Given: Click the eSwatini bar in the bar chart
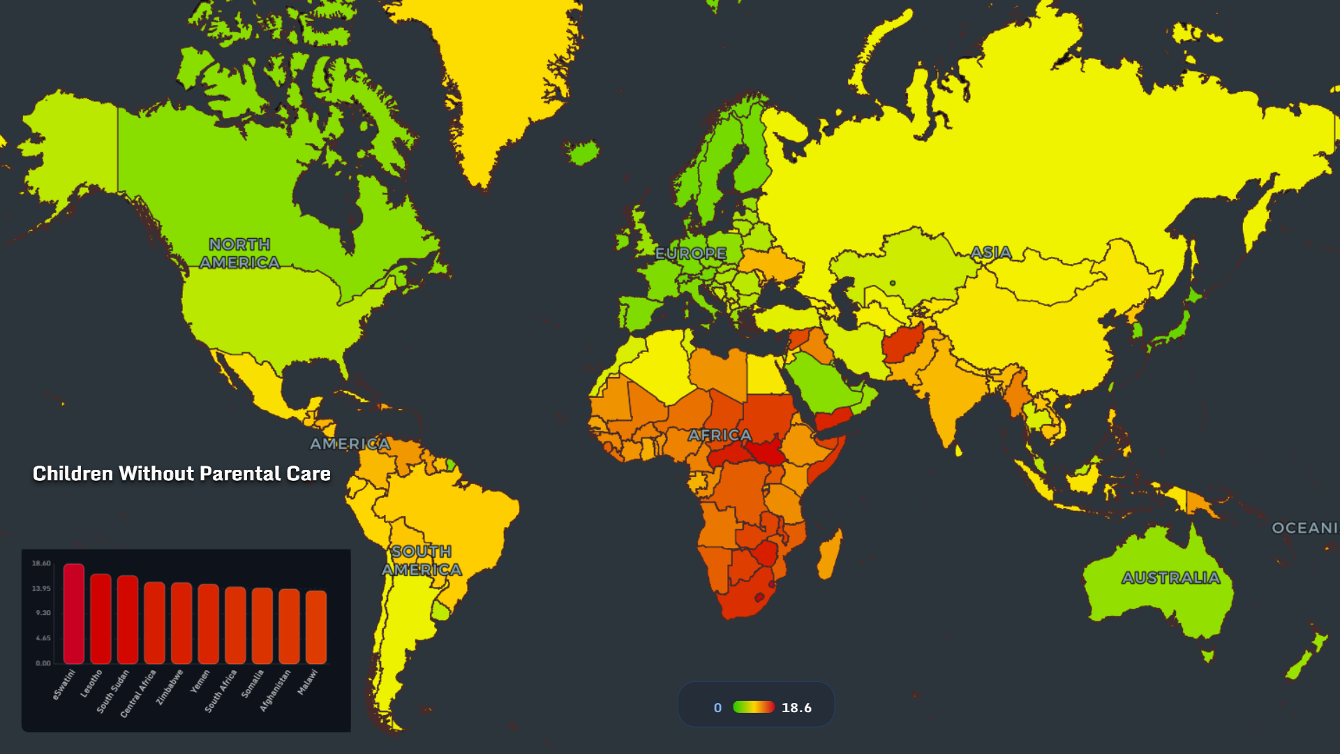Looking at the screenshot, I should tap(74, 614).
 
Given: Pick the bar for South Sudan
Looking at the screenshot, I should tap(128, 619).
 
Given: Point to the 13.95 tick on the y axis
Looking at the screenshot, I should tap(41, 589).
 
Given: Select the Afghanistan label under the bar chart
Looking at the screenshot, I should tap(275, 690).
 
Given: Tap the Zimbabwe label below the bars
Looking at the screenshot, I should tap(170, 687).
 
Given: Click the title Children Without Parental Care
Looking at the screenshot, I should tap(181, 474).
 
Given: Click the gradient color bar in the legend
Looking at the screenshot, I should tap(753, 707).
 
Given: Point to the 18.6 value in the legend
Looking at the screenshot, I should tap(796, 708).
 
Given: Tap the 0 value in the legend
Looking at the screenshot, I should tap(717, 708).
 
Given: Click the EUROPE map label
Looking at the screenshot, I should tap(691, 253).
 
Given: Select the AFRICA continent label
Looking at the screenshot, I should tap(720, 436).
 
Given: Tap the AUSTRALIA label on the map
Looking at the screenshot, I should tap(1171, 578).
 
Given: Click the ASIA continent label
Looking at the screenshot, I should tap(990, 253).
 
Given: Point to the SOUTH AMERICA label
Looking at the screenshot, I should tap(422, 561).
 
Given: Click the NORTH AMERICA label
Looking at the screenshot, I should tap(239, 253).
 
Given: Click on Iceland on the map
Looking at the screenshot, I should tap(582, 152).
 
